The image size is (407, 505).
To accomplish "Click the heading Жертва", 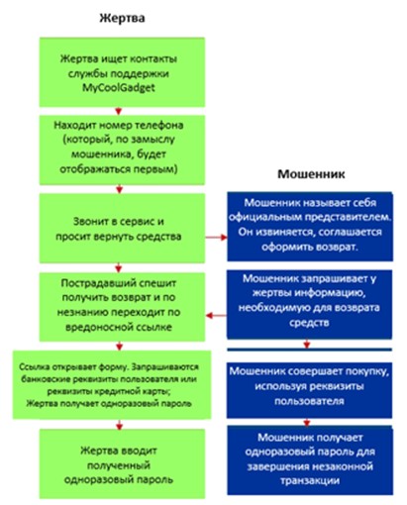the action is point(122,18).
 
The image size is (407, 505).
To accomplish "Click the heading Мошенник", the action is point(311,174).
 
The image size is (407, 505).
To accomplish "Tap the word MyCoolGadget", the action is point(119,88).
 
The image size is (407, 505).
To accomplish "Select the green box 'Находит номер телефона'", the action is point(122,150).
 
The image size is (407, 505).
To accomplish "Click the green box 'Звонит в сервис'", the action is point(122,228).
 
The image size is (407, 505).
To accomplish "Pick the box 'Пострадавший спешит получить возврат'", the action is point(122,307).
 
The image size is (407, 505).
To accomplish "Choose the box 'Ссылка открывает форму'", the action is point(112,385).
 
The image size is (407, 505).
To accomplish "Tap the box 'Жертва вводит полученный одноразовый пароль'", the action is point(122,463).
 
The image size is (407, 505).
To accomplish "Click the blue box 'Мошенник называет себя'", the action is point(310,227).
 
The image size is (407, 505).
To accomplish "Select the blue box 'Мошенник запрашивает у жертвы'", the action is point(309,304).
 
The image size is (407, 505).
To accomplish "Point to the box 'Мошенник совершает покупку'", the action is point(309,390).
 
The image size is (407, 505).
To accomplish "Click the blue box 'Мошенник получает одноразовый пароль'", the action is point(310,460).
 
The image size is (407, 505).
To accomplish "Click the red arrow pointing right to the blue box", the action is point(216,237).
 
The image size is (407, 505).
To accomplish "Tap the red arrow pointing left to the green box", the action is point(216,316).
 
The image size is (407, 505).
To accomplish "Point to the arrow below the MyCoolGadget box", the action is point(119,111).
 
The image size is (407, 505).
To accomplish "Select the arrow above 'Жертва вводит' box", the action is point(120,424).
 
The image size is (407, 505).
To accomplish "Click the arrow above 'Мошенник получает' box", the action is point(307,422).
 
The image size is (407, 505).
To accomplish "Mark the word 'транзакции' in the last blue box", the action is point(310,480).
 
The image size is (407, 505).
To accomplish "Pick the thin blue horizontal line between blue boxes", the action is point(309,350).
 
